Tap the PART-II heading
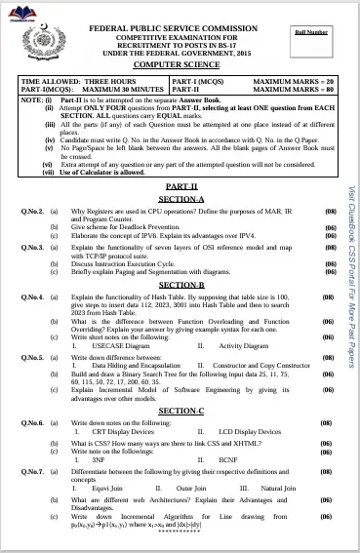(181, 185)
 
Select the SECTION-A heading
(181, 198)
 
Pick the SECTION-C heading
(181, 411)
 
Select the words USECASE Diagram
(120, 345)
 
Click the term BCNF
(228, 458)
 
